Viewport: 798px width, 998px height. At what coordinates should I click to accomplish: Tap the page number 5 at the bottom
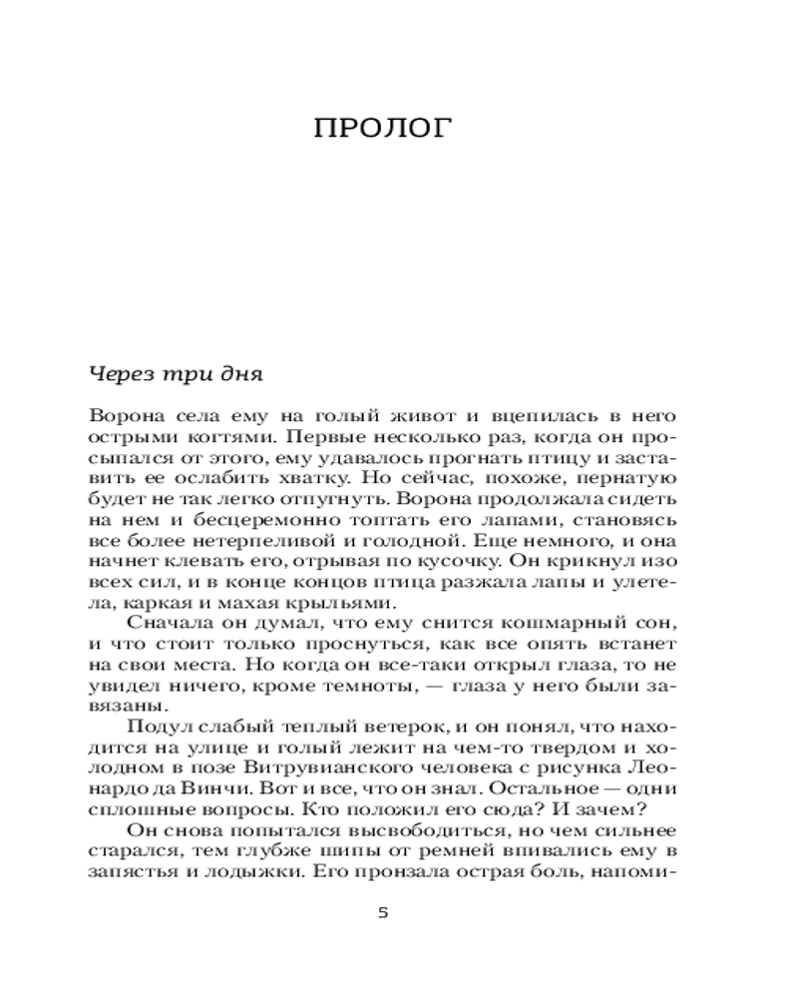click(x=384, y=913)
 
